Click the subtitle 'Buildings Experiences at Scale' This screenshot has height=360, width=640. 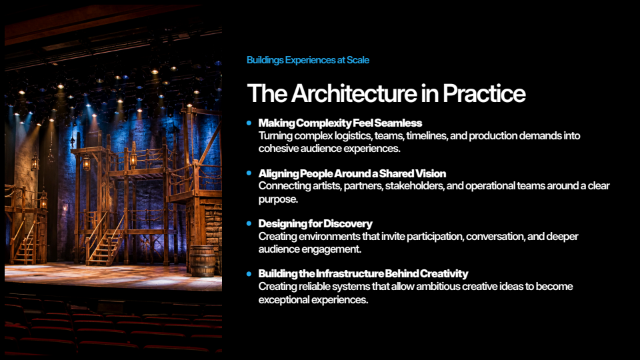point(308,60)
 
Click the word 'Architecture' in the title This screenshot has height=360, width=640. point(354,93)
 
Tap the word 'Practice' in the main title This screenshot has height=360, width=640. point(484,93)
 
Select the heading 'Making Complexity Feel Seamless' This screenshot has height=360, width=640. point(340,123)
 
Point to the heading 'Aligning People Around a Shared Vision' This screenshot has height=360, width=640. point(352,173)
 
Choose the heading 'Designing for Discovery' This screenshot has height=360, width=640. point(315,224)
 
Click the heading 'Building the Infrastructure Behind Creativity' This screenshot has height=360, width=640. point(363,273)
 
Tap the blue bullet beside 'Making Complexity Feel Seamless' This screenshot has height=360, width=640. point(249,123)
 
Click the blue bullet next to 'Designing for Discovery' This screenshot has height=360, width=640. point(249,224)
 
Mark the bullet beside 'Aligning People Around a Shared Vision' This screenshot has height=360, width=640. point(249,173)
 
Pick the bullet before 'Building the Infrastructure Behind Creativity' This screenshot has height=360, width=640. point(249,273)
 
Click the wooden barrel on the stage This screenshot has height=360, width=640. point(203,261)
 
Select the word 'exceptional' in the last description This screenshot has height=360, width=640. point(284,300)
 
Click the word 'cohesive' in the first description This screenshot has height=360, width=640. point(279,149)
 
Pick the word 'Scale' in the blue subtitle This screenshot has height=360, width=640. point(358,60)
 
